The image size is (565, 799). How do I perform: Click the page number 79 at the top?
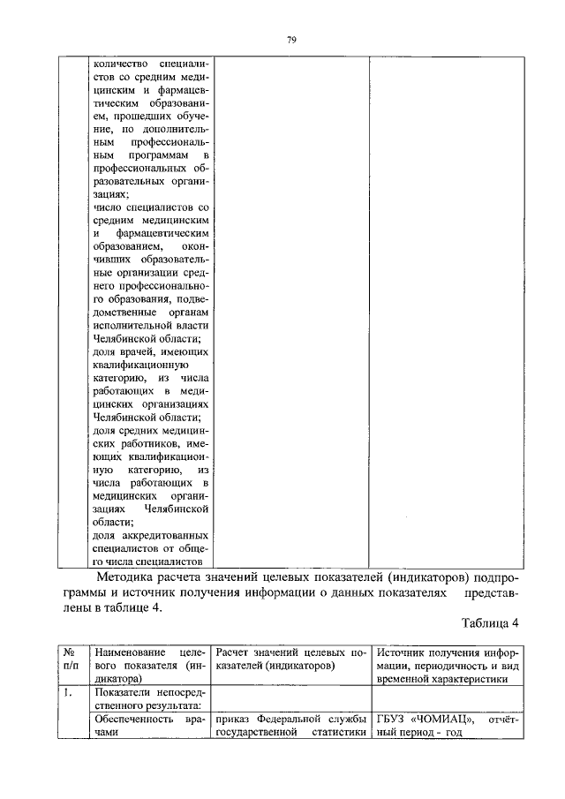click(290, 40)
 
